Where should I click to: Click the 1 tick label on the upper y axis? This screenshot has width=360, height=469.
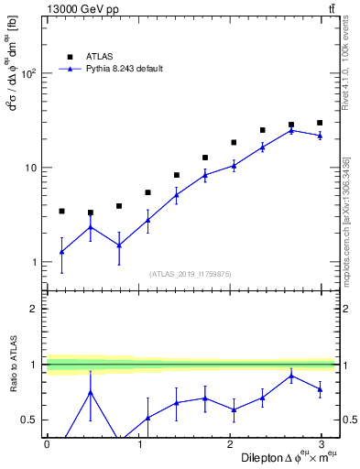click(35, 263)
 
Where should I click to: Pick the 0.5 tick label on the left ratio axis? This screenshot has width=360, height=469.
click(29, 420)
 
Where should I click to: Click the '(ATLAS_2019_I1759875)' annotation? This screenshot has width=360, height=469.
click(190, 273)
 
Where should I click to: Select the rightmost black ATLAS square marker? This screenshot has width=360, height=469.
click(320, 123)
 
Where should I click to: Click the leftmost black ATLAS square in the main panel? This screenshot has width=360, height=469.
click(61, 212)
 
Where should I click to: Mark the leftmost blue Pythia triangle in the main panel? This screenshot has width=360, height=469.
click(61, 251)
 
